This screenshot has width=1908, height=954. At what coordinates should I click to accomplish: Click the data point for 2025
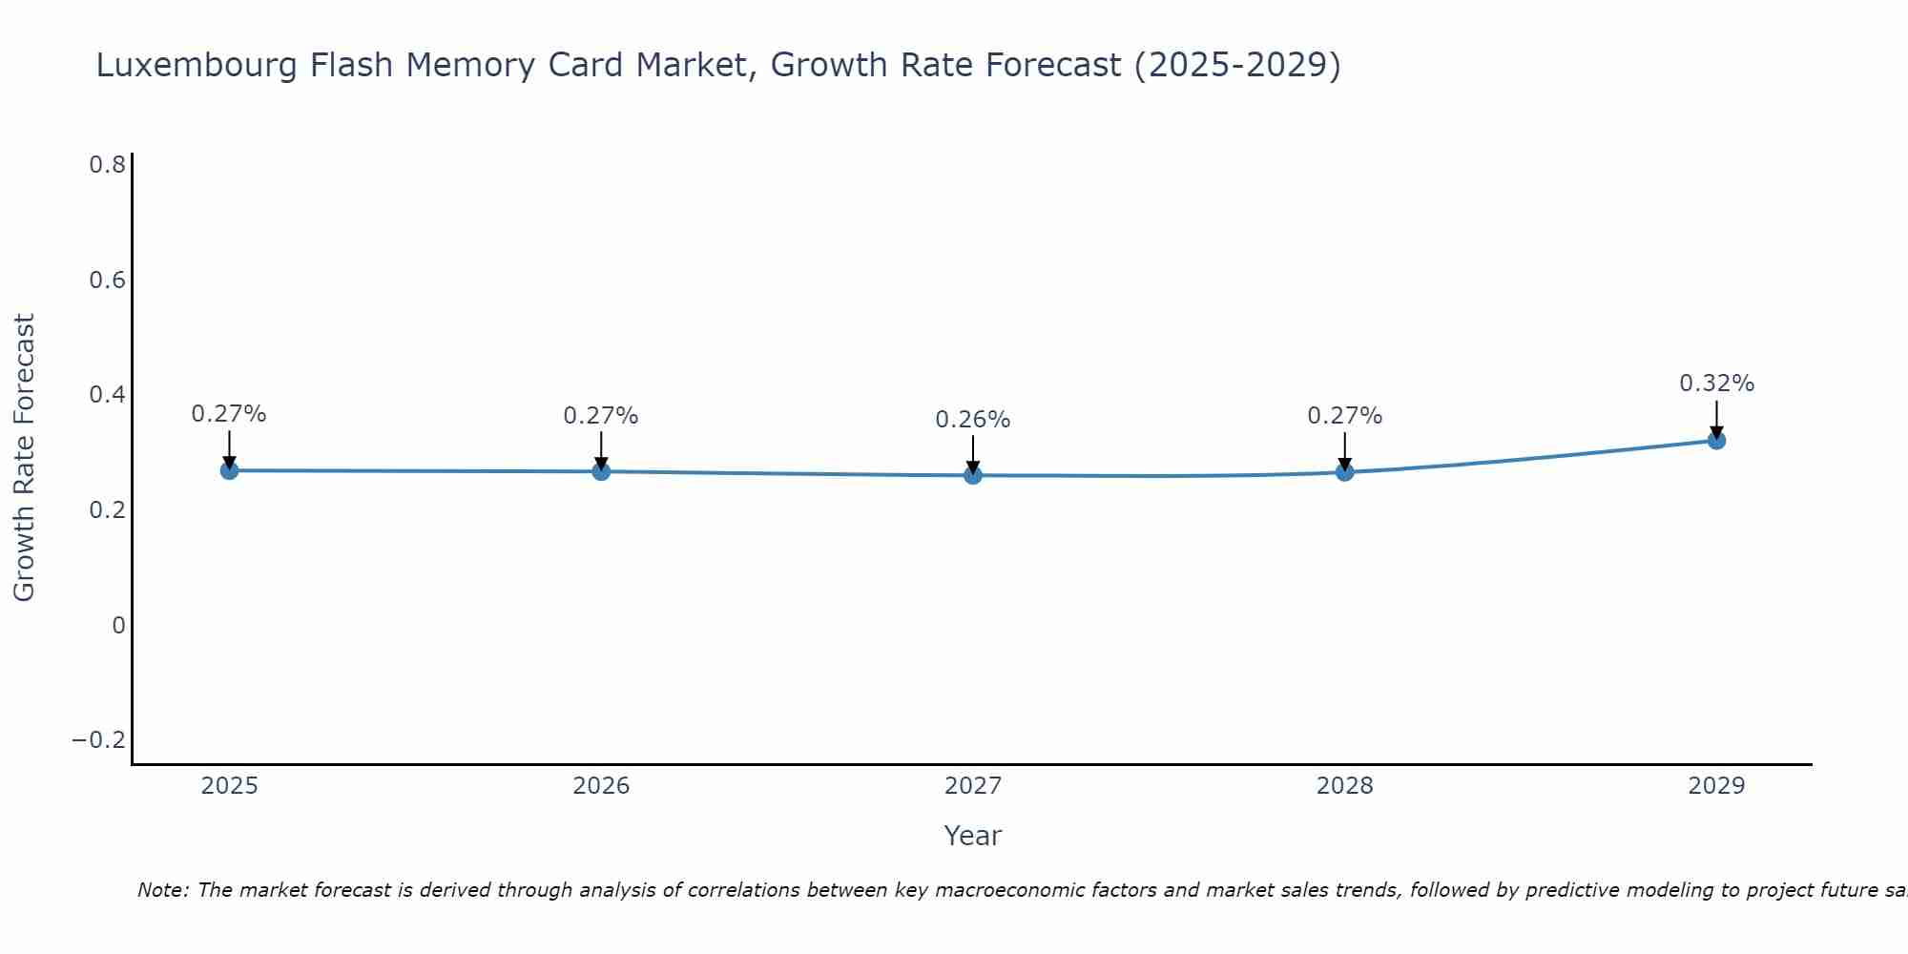pos(229,470)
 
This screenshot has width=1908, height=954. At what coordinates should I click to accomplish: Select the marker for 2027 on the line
pos(973,475)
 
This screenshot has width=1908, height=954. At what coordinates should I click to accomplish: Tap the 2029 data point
pos(1716,440)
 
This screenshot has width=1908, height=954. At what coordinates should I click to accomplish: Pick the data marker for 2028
pos(1344,471)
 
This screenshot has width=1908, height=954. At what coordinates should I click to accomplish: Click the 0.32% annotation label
pos(1716,384)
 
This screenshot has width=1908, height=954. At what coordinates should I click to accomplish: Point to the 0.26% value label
pos(972,420)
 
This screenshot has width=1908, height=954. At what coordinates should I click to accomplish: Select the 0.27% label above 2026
pos(600,416)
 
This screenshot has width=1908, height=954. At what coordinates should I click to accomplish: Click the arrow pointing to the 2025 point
pos(229,448)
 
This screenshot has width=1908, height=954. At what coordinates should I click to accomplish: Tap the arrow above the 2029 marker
pos(1716,418)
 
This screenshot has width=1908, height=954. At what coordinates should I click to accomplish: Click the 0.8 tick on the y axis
pos(107,165)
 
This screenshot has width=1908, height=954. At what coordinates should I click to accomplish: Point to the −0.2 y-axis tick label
pos(98,740)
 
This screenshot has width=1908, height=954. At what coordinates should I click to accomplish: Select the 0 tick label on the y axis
pos(118,626)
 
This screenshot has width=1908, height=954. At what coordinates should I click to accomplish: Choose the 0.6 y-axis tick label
pos(107,280)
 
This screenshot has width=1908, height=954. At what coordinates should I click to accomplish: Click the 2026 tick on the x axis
pos(601,786)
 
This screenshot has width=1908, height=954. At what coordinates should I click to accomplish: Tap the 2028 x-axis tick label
pos(1344,786)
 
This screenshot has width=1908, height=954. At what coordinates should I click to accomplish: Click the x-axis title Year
pos(972,836)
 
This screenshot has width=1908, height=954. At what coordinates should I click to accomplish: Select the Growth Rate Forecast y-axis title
pos(24,458)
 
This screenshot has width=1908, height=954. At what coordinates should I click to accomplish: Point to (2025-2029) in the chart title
pos(1237,65)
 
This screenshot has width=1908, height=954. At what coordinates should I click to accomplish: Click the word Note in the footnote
pos(162,890)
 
